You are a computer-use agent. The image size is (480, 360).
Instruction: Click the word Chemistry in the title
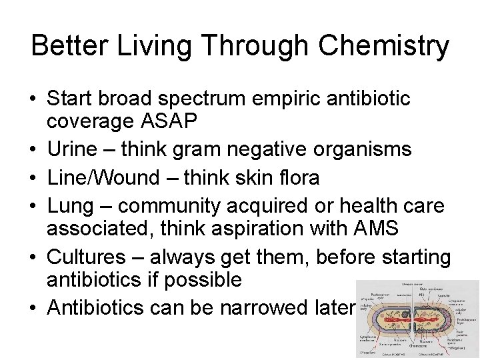(384, 47)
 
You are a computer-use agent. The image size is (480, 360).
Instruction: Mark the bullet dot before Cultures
(33, 257)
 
